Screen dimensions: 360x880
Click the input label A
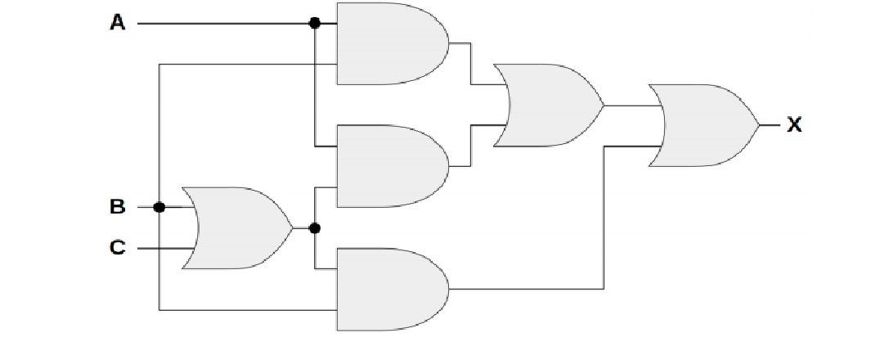pyautogui.click(x=118, y=23)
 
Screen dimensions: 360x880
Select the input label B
pyautogui.click(x=118, y=207)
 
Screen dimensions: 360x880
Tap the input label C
pyautogui.click(x=118, y=246)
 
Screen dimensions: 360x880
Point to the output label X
pyautogui.click(x=793, y=125)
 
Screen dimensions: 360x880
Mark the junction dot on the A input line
pyautogui.click(x=314, y=24)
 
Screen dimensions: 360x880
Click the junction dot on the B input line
pyautogui.click(x=159, y=207)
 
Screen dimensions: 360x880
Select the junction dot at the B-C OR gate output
pyautogui.click(x=314, y=227)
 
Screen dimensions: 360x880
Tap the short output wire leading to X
pyautogui.click(x=770, y=125)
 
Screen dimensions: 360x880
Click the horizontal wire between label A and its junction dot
pyautogui.click(x=221, y=24)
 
